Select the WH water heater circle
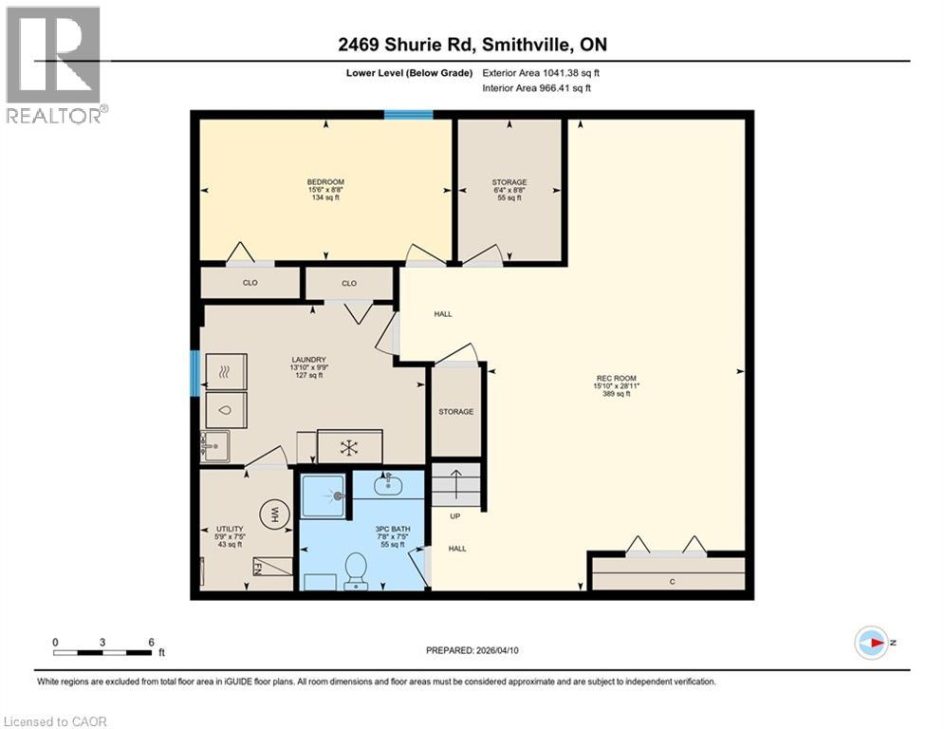tap(275, 515)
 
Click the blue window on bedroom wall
tap(408, 115)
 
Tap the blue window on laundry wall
tap(194, 373)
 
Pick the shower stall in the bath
tap(323, 495)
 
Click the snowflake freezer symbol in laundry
tap(348, 446)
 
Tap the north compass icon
tap(871, 643)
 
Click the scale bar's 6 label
tap(152, 641)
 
